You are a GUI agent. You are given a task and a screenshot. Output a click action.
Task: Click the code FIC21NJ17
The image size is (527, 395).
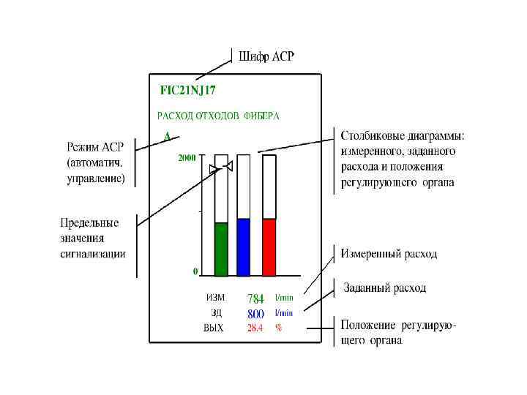click(188, 91)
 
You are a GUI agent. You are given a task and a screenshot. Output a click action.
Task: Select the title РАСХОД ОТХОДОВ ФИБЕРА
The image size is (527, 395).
click(219, 116)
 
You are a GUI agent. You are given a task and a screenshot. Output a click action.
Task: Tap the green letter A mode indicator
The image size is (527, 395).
click(167, 137)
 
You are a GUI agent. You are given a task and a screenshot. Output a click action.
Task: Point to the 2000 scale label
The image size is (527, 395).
click(187, 157)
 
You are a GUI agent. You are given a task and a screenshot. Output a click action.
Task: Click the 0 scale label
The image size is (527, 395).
click(195, 271)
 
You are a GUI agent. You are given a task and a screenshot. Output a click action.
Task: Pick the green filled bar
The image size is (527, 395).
click(221, 249)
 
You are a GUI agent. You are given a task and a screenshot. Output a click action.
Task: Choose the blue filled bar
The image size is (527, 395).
click(244, 247)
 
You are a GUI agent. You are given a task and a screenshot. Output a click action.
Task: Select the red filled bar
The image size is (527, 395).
click(269, 247)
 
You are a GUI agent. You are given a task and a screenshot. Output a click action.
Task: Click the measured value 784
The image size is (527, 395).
click(255, 298)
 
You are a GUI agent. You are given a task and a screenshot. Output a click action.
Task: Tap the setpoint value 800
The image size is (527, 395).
click(255, 313)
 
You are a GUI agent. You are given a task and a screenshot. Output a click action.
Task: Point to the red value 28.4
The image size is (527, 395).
click(255, 328)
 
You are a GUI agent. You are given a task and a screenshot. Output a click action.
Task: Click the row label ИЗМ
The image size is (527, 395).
click(215, 298)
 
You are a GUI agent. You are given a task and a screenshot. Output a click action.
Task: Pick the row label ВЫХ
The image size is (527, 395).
click(214, 328)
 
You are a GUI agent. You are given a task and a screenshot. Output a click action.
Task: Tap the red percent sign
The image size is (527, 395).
click(278, 328)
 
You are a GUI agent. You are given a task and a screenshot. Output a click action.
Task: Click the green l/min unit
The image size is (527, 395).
click(284, 298)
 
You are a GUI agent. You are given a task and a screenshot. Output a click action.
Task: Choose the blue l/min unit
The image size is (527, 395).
click(284, 313)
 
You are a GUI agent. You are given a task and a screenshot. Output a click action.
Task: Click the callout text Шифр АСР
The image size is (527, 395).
click(266, 56)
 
